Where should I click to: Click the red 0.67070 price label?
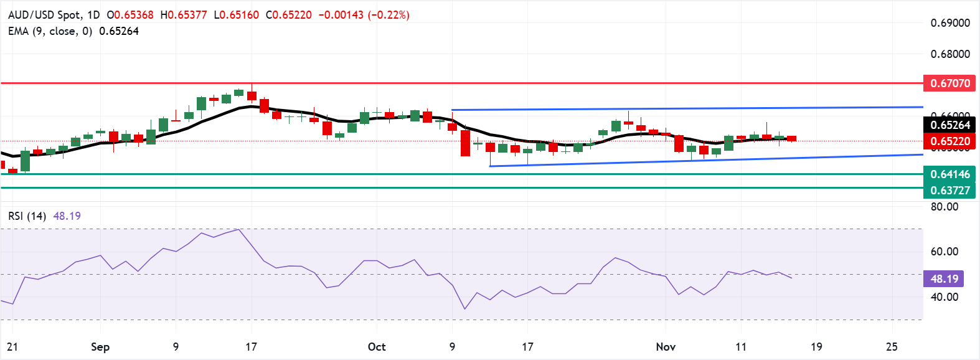(x=949, y=83)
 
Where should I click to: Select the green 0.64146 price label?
(x=949, y=174)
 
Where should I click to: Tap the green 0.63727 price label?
(x=949, y=191)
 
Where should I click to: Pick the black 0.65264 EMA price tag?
(x=949, y=125)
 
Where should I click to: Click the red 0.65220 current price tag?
(x=949, y=141)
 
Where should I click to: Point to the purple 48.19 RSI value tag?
(x=944, y=279)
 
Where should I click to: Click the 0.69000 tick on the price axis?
(x=950, y=23)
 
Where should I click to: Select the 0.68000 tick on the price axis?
(x=950, y=54)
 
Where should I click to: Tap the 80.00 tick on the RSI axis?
(x=944, y=207)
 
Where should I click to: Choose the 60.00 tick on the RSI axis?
(x=944, y=252)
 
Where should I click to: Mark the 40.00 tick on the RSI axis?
(x=944, y=297)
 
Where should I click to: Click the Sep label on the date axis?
(x=100, y=347)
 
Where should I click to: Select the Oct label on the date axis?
(x=377, y=347)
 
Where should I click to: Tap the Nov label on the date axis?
(x=666, y=347)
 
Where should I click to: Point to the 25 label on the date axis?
(x=892, y=347)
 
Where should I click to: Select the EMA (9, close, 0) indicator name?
(x=50, y=31)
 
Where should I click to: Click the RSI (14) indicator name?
(x=27, y=216)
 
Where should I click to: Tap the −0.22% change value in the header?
(x=389, y=15)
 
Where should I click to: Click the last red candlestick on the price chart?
(x=791, y=138)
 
